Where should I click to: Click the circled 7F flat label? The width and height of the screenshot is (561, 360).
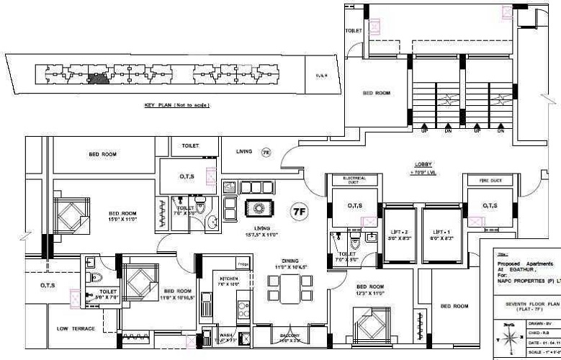pyautogui.click(x=298, y=211)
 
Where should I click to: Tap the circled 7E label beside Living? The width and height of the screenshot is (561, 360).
pyautogui.click(x=266, y=153)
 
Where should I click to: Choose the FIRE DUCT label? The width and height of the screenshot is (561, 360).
pyautogui.click(x=491, y=180)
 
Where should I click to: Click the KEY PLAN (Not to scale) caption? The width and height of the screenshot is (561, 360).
pyautogui.click(x=177, y=105)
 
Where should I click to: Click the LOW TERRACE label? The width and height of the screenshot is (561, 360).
pyautogui.click(x=76, y=328)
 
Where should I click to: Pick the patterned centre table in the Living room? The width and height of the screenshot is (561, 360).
pyautogui.click(x=257, y=207)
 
